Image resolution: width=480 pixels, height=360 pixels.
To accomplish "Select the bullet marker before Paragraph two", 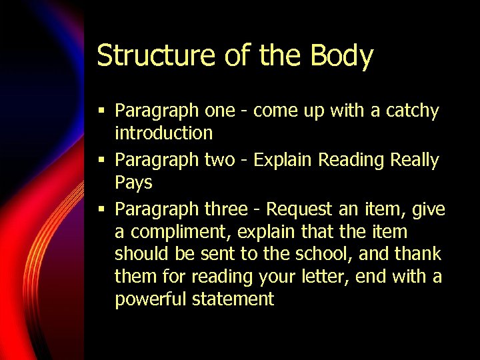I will [101, 160].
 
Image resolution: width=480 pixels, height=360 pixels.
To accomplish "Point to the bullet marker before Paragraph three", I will [101, 209].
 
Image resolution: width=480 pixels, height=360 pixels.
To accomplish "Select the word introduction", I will [163, 133].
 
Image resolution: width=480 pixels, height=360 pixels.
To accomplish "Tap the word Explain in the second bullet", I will [283, 161].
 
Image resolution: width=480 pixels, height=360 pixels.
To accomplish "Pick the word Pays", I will [133, 183].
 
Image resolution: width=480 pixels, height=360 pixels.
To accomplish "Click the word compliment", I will [176, 233].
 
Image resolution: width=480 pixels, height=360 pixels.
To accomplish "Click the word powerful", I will [151, 299].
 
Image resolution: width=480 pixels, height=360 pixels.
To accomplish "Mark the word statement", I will [233, 299].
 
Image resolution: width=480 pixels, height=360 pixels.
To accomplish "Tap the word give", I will [428, 209].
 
